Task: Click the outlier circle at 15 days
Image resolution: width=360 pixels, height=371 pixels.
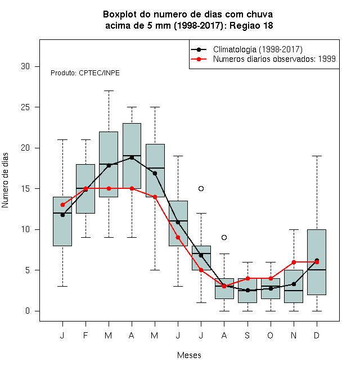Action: point(201,188)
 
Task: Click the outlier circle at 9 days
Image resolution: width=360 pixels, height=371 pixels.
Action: point(224,237)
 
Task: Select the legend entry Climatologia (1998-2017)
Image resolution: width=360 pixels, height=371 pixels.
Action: point(246,49)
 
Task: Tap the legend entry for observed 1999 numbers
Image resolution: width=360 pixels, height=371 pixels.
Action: point(263,59)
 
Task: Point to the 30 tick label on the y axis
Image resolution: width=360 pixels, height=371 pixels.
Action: point(25,66)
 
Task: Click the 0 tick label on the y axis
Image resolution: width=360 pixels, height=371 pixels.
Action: point(28,311)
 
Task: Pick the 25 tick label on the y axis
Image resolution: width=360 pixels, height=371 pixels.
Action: point(25,107)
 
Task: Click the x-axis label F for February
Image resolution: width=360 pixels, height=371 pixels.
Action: point(85,335)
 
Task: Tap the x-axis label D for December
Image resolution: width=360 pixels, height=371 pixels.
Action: point(317,335)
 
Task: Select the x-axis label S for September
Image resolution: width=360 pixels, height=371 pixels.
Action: point(247,335)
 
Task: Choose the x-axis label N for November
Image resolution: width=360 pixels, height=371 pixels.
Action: point(294,335)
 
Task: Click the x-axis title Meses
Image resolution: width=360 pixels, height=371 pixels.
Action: point(189,355)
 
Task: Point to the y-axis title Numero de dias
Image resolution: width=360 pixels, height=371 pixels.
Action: point(5,180)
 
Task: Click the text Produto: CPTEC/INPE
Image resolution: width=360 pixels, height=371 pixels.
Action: point(85,73)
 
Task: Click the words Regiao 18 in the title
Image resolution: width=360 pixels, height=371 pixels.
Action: point(251,25)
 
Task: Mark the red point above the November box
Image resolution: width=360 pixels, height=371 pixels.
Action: point(294,262)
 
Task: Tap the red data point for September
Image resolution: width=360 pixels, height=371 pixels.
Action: point(247,278)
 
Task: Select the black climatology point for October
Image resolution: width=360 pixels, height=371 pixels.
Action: point(271,288)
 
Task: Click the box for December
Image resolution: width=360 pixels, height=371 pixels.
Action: point(317,262)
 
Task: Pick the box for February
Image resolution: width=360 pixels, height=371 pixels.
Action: point(85,189)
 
